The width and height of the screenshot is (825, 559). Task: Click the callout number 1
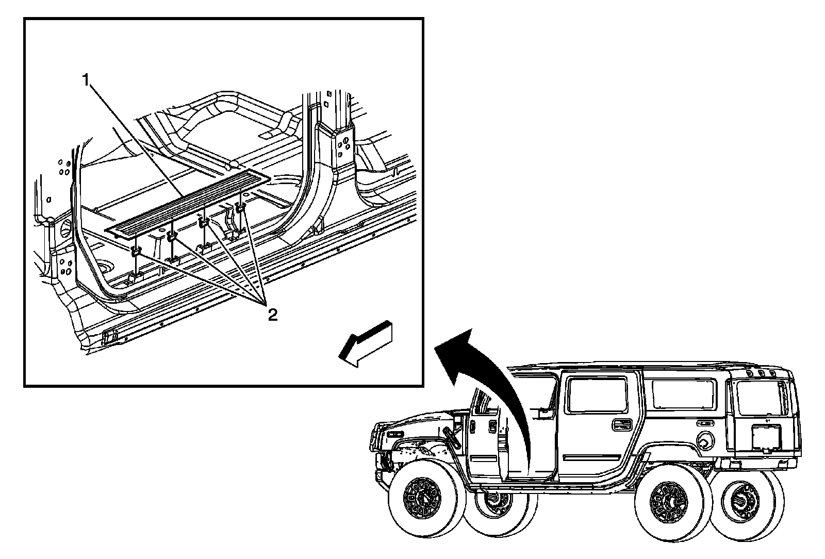[x=86, y=79]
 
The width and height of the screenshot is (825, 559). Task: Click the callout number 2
[x=272, y=315]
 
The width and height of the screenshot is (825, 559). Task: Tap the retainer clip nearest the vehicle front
[x=136, y=252]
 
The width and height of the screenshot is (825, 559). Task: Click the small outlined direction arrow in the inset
[x=366, y=344]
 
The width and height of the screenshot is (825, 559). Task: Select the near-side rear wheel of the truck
[x=673, y=503]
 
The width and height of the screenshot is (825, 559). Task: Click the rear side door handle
[x=622, y=424]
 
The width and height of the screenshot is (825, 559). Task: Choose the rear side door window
[x=597, y=395]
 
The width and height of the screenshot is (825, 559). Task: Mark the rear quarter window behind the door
[x=684, y=395]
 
